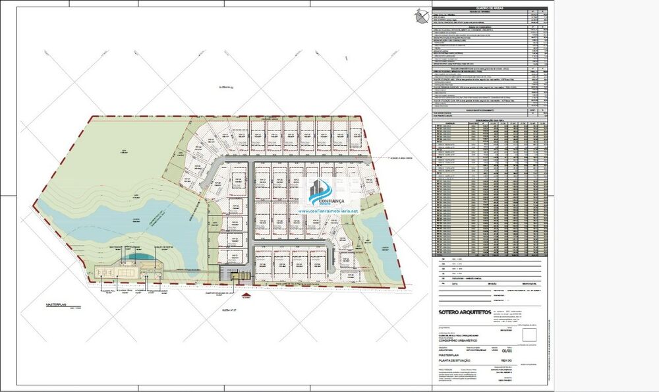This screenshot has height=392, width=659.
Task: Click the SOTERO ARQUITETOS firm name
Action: pyautogui.click(x=465, y=312)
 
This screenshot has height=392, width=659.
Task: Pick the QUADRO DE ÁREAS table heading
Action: pyautogui.click(x=489, y=9)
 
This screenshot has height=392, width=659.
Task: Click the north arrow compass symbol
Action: pyautogui.click(x=419, y=14)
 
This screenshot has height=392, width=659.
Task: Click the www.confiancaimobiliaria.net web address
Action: pyautogui.click(x=328, y=211)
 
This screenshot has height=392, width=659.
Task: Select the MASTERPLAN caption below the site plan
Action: pyautogui.click(x=57, y=305)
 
